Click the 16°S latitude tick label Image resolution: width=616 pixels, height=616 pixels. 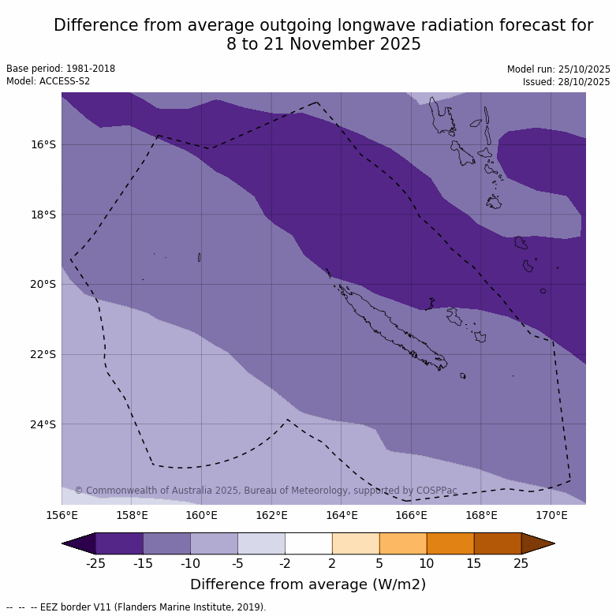pyautogui.click(x=43, y=144)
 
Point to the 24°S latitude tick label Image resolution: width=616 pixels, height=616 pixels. pyautogui.click(x=43, y=424)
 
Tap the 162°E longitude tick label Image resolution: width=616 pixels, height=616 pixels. pyautogui.click(x=271, y=516)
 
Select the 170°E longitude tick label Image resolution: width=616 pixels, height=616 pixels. pyautogui.click(x=551, y=516)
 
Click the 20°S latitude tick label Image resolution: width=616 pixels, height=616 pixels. pyautogui.click(x=43, y=284)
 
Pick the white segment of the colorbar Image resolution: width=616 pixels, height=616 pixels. pyautogui.click(x=308, y=543)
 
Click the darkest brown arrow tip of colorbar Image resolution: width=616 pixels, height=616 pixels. pyautogui.click(x=538, y=543)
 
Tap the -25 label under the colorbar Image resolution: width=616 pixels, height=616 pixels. pyautogui.click(x=95, y=563)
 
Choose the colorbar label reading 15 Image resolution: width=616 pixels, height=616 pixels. pyautogui.click(x=474, y=563)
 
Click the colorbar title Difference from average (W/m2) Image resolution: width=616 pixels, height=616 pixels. pyautogui.click(x=308, y=584)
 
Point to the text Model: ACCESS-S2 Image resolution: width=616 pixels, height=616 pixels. pyautogui.click(x=48, y=81)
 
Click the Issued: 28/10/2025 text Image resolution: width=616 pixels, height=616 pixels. pyautogui.click(x=566, y=82)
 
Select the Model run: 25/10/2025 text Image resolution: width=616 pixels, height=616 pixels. pyautogui.click(x=558, y=69)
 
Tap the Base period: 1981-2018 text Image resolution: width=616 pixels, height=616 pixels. pyautogui.click(x=61, y=69)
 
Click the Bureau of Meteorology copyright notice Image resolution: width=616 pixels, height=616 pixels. pyautogui.click(x=266, y=491)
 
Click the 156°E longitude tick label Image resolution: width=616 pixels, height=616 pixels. pyautogui.click(x=62, y=516)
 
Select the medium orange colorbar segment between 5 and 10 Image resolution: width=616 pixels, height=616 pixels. pyautogui.click(x=403, y=543)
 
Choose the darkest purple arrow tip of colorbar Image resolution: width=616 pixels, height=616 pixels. pyautogui.click(x=79, y=543)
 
